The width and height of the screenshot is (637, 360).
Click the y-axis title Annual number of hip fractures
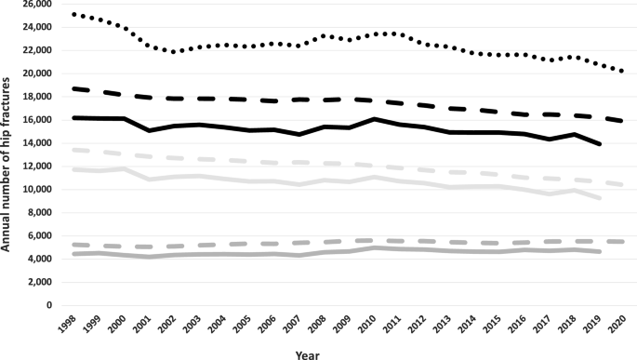8,153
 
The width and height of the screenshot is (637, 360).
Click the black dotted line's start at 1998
73,14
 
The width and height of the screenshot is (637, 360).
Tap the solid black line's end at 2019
600,144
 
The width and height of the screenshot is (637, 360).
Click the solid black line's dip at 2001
139,130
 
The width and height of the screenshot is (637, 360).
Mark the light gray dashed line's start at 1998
73,150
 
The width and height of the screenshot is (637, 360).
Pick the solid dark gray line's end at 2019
600,252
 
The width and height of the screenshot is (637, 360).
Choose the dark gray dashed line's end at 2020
622,241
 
